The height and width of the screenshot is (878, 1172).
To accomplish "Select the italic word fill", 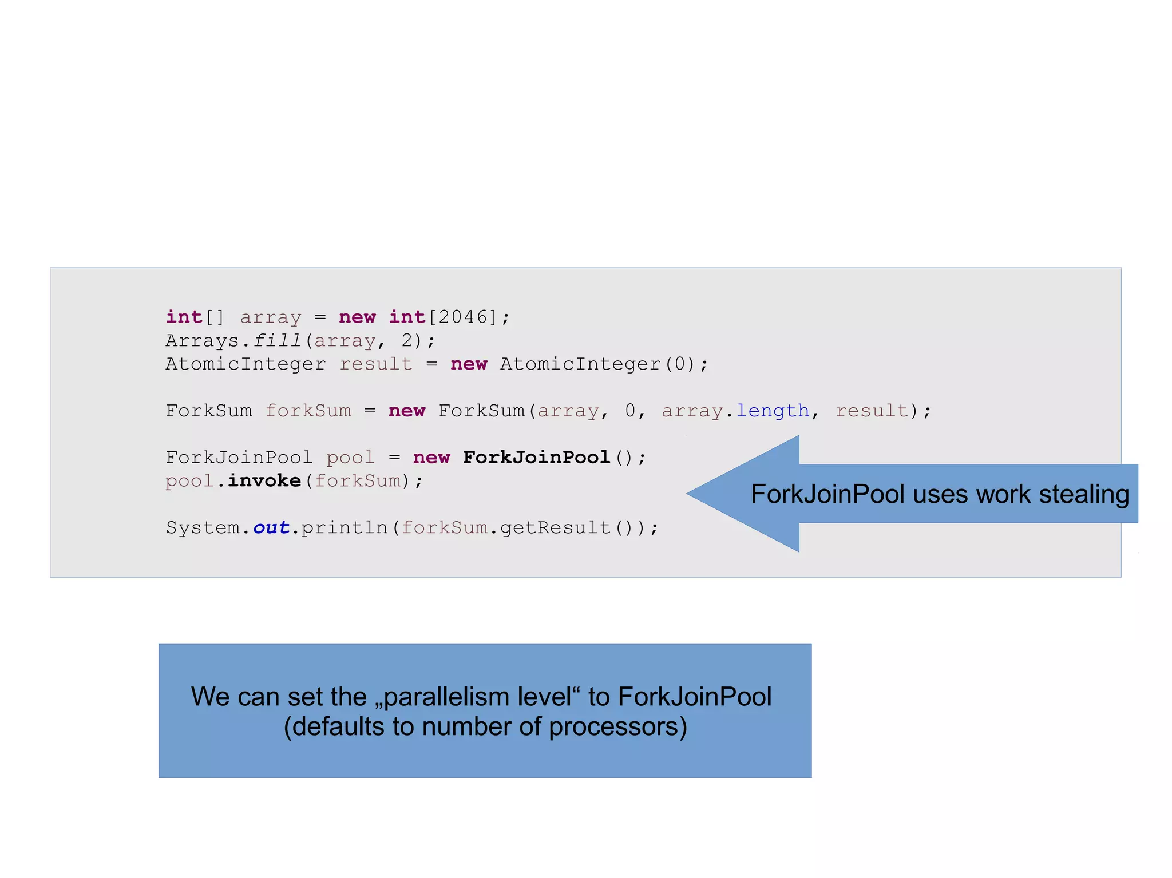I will pos(277,340).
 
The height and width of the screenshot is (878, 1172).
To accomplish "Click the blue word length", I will pos(773,411).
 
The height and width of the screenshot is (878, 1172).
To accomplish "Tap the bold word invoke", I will pos(264,480).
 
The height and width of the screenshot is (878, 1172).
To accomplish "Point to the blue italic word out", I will pos(271,527).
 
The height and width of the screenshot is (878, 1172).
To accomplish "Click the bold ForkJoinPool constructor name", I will pos(536,457).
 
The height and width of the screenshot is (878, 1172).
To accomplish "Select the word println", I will pos(345,527).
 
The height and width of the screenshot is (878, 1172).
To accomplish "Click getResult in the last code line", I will pos(555,527).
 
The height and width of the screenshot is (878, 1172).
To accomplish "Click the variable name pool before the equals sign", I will pos(350,458).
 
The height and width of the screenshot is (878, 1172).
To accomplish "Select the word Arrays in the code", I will pos(203,340).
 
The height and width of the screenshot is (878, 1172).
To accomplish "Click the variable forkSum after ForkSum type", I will pos(308,411).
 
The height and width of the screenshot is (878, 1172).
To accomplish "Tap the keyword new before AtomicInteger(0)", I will pos(469,364).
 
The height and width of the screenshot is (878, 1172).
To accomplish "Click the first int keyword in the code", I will pos(184,317).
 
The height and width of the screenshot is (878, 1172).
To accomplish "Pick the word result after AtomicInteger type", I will pos(375,364).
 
